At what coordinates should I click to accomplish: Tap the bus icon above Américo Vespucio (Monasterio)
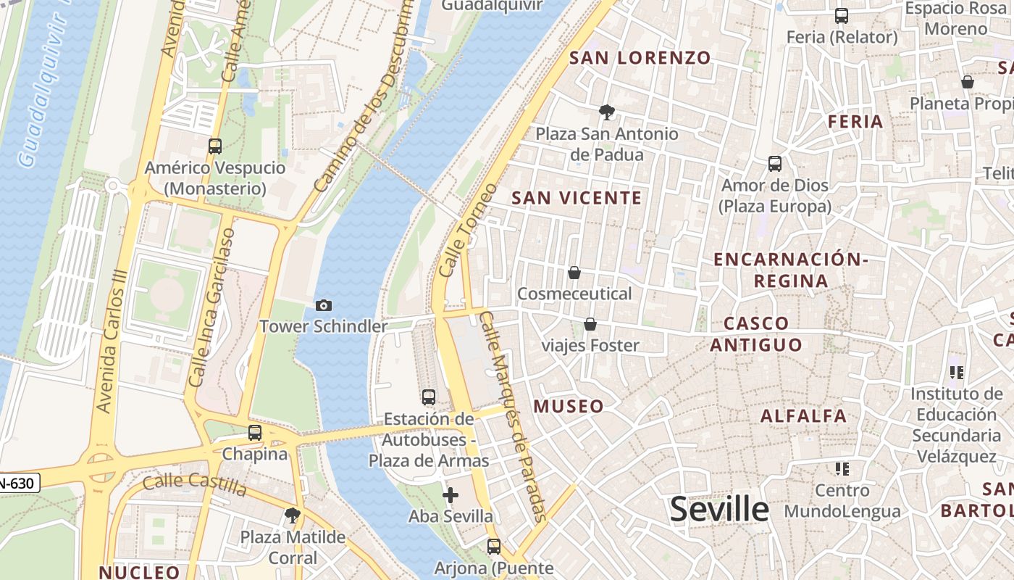[215, 146]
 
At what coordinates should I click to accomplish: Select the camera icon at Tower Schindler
[324, 305]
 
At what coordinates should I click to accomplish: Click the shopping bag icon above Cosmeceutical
[574, 273]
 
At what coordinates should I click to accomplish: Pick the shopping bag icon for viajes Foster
[590, 324]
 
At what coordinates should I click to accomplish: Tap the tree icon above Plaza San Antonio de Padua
[607, 112]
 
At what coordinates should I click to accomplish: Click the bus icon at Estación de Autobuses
[429, 397]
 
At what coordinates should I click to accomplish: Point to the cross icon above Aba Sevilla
[451, 495]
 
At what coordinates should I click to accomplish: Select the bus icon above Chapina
[255, 433]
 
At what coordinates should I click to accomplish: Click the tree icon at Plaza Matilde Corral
[293, 515]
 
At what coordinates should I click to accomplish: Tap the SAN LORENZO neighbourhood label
[640, 58]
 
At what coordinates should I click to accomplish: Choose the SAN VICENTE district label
[577, 198]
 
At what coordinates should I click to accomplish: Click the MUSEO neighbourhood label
[569, 406]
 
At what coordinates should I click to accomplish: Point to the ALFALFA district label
[803, 416]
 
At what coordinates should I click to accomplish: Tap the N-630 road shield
[17, 483]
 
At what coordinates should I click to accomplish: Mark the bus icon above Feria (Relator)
[842, 16]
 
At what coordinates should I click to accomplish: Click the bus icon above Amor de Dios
[775, 164]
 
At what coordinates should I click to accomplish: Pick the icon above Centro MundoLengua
[842, 468]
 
